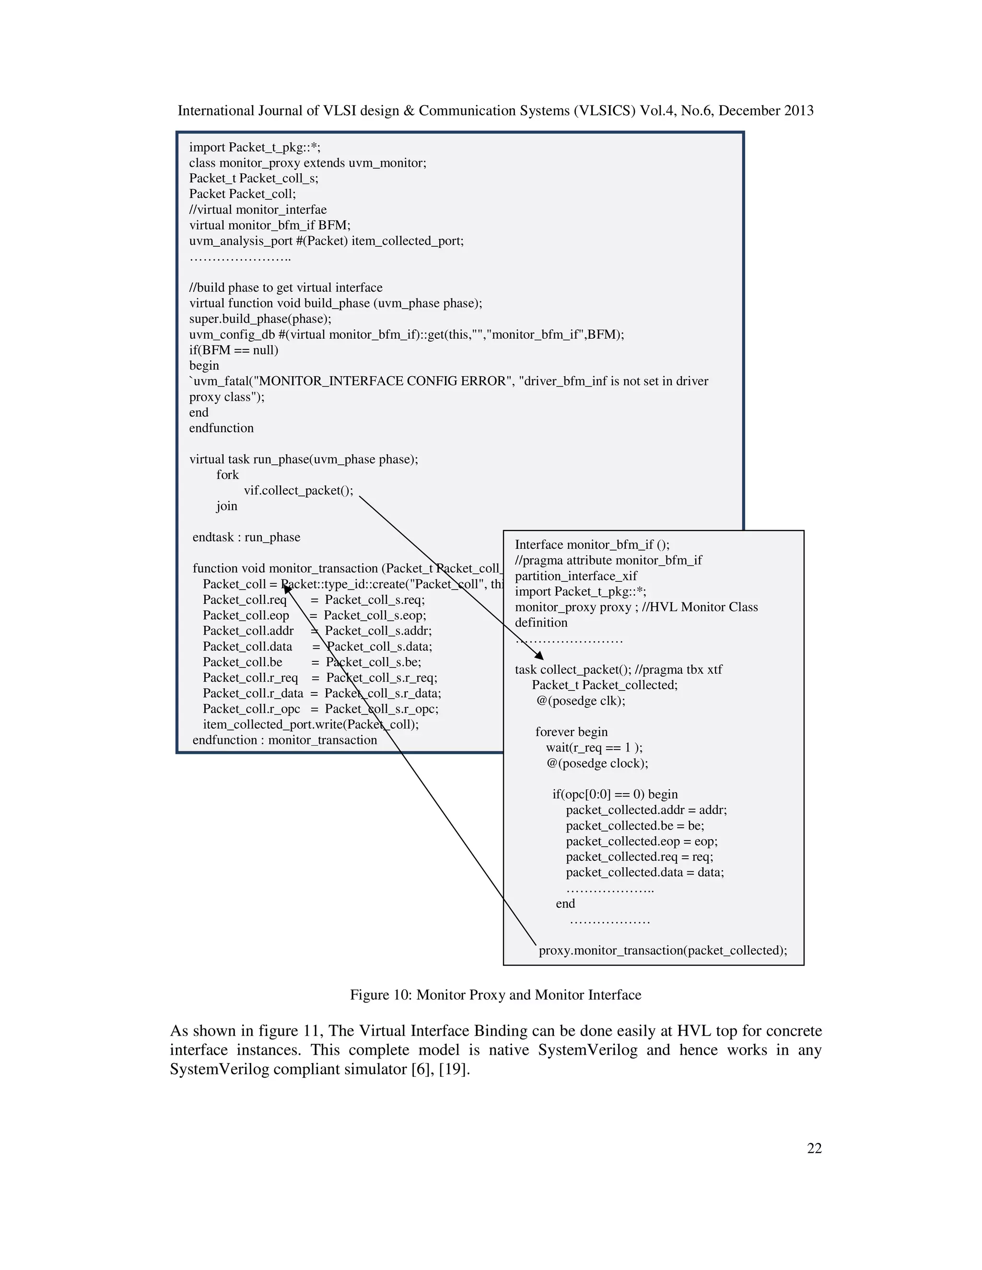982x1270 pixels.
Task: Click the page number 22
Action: pyautogui.click(x=814, y=1148)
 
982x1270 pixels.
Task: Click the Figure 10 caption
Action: pyautogui.click(x=495, y=994)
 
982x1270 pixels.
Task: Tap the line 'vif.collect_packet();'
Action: pyautogui.click(x=298, y=490)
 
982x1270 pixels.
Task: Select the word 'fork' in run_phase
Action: pyautogui.click(x=227, y=474)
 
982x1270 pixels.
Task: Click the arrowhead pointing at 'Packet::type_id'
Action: pyautogui.click(x=286, y=589)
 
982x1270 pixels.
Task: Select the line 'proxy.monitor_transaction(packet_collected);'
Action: pyautogui.click(x=663, y=950)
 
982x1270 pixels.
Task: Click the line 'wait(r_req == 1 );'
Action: pyautogui.click(x=594, y=747)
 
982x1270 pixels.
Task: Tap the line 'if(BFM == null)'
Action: pyautogui.click(x=234, y=350)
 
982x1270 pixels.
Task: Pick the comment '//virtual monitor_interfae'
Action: pyautogui.click(x=257, y=209)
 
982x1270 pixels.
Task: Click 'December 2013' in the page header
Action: pyautogui.click(x=766, y=111)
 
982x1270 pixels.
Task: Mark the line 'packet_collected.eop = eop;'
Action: pyautogui.click(x=641, y=841)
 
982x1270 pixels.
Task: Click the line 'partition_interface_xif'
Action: pyautogui.click(x=575, y=576)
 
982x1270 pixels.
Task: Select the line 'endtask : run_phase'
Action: pyautogui.click(x=246, y=537)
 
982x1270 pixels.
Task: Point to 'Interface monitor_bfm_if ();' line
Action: pyautogui.click(x=592, y=544)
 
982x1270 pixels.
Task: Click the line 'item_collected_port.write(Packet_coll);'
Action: pyautogui.click(x=311, y=724)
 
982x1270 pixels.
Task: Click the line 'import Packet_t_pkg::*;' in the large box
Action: pyautogui.click(x=254, y=147)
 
